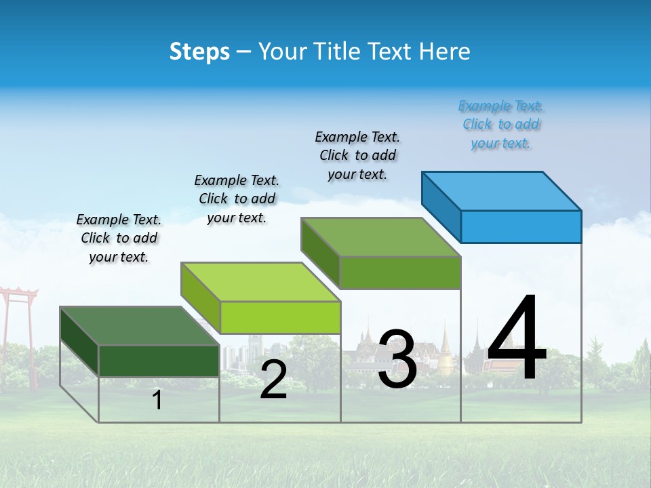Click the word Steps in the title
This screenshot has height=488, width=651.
[x=199, y=52]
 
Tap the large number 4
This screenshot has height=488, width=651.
[x=517, y=339]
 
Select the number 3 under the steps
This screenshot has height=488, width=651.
[x=397, y=360]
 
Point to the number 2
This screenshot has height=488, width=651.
[x=273, y=380]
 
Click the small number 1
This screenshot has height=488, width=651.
[x=157, y=401]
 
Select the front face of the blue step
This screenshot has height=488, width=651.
[x=521, y=226]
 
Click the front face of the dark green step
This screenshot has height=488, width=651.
[x=159, y=361]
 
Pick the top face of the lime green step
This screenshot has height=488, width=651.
[x=260, y=282]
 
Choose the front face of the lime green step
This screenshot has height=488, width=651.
[x=279, y=317]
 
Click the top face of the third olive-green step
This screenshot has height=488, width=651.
[x=381, y=237]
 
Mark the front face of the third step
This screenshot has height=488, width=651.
[x=400, y=272]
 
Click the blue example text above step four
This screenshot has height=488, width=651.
[x=500, y=125]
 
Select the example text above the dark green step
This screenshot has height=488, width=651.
[x=119, y=239]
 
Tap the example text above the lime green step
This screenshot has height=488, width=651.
[x=237, y=199]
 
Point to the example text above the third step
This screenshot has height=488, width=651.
[x=357, y=156]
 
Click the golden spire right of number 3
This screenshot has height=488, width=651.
[x=445, y=346]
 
